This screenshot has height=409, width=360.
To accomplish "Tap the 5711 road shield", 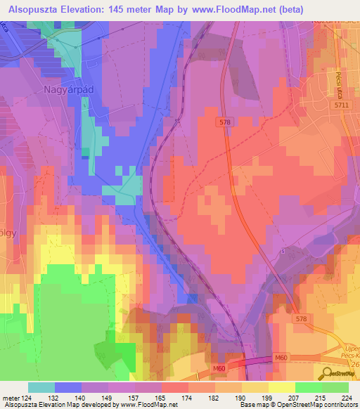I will [x=341, y=104].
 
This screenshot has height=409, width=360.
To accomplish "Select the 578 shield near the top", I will [x=223, y=122].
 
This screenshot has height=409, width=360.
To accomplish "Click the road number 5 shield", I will [x=283, y=251].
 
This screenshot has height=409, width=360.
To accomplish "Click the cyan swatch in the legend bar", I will [x=41, y=387].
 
